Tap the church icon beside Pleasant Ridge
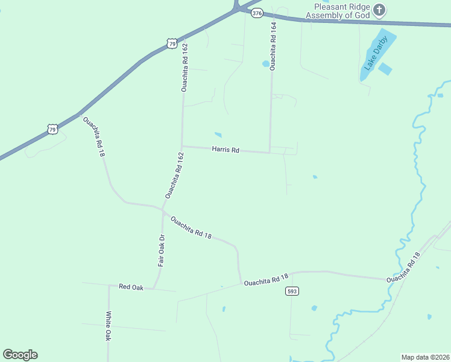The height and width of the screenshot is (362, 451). coord(379,10)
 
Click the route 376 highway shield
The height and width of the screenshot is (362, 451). coord(257,13)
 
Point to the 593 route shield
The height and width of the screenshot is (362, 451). coord(292,291)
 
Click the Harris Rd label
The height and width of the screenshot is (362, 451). coord(225,149)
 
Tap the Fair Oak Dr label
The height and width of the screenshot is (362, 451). coord(162,250)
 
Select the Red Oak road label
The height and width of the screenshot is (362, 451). coord(131,287)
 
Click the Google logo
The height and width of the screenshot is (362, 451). coord(20,355)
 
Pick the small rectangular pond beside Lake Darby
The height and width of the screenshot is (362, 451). coord(385,69)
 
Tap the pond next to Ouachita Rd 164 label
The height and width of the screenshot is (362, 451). coord(265,63)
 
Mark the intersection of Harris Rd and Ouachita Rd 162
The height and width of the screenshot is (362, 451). coord(182,146)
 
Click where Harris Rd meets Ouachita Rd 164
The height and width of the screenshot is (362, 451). coord(270,152)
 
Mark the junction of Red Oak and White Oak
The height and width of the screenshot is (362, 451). coord(109,285)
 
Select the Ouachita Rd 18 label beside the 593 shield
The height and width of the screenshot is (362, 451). coord(266,279)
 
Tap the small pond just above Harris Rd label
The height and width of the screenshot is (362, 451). coord(218,135)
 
